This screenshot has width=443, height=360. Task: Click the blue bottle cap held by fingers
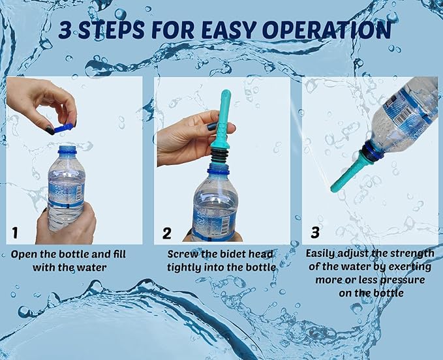[x=63, y=128]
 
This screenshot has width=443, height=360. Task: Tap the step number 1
[x=15, y=233]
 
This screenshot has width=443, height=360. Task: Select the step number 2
[x=166, y=233]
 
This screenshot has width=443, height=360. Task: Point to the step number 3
[x=315, y=232]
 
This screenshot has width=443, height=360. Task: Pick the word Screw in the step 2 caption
[x=182, y=254]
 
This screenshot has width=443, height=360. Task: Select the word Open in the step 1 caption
[x=23, y=255]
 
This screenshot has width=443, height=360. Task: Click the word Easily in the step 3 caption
[x=320, y=254]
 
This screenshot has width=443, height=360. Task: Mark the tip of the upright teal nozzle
[x=226, y=92]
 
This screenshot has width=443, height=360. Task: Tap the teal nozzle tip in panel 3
[x=333, y=189]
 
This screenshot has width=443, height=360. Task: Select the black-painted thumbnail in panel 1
[x=50, y=130]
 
